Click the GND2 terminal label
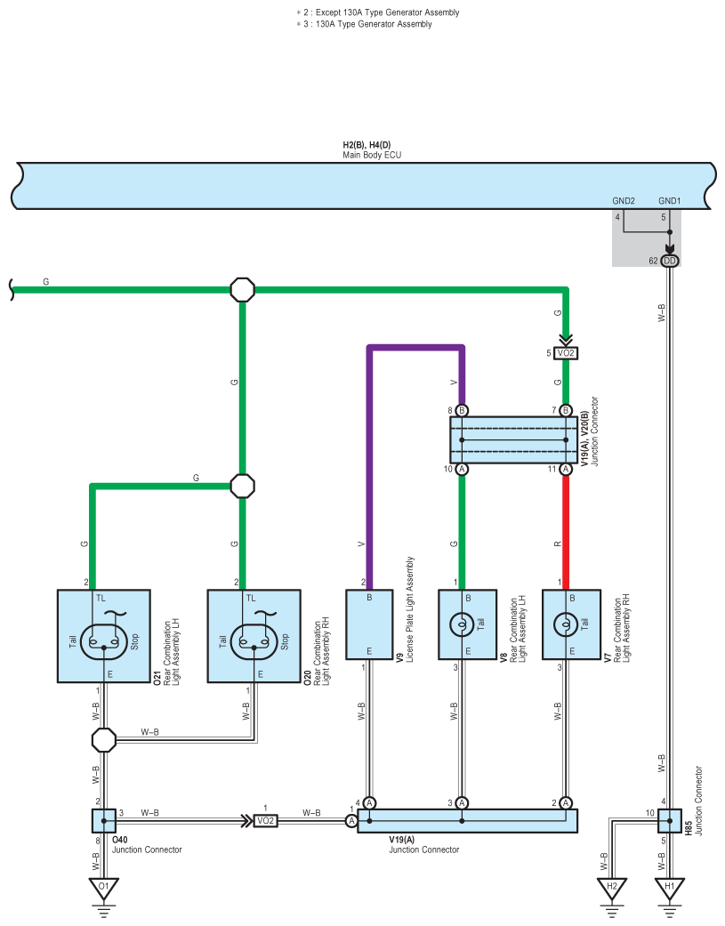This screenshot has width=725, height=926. [624, 201]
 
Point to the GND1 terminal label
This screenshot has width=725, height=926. [670, 201]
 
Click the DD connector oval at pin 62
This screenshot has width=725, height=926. [670, 261]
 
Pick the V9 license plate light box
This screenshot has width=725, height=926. [369, 624]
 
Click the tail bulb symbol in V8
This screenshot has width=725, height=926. [462, 624]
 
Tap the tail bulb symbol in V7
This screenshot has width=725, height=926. [566, 624]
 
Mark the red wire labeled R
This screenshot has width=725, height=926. [566, 532]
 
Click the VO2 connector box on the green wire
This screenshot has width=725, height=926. [566, 353]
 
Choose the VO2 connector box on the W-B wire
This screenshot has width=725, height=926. [266, 821]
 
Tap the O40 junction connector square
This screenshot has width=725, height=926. [104, 821]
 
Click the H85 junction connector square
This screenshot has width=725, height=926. [670, 821]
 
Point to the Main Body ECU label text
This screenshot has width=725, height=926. [372, 156]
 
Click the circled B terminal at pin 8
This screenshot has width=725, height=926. [462, 410]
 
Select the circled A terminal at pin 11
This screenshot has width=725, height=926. [566, 470]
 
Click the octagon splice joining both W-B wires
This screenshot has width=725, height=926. [104, 740]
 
